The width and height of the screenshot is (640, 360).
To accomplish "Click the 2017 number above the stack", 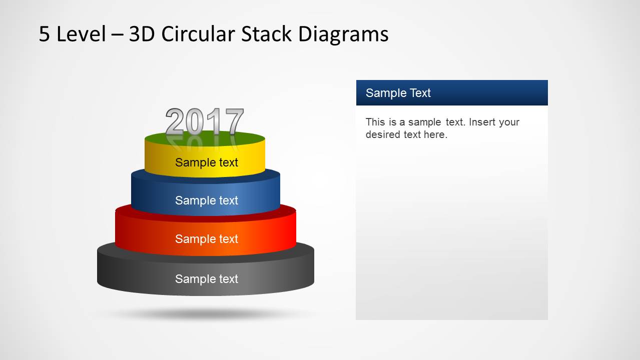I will tap(204, 122).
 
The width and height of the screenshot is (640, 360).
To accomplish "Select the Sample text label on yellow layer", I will tap(206, 162).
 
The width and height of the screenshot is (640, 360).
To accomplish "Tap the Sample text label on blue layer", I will tap(206, 200).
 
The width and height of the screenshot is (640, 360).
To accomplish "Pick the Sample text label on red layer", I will tap(206, 239).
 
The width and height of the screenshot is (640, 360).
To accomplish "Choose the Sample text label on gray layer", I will tap(206, 279).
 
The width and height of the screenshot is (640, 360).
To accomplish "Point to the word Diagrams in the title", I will tap(343, 34).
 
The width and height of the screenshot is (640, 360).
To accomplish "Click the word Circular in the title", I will tap(198, 34).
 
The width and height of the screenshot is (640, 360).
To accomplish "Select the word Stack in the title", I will tap(267, 34).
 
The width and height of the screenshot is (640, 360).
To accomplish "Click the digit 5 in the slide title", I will tap(45, 34).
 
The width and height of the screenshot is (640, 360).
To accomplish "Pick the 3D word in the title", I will tap(143, 34).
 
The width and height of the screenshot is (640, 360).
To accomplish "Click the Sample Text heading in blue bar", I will tap(398, 93).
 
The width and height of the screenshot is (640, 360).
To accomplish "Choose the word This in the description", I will tap(375, 122).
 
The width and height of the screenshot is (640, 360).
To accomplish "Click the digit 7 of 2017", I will tap(233, 122).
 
